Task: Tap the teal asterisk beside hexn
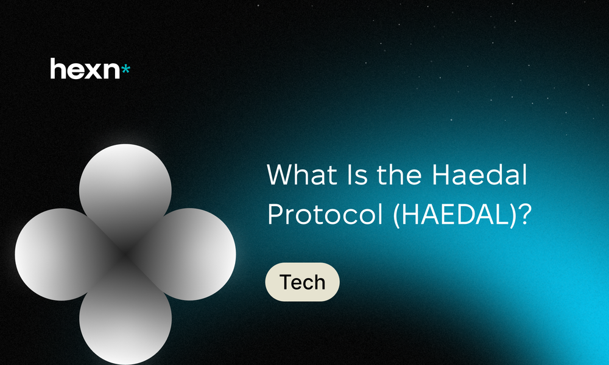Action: click(125, 70)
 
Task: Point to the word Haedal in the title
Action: click(480, 175)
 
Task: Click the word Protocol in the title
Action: click(325, 214)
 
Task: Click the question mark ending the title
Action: click(526, 214)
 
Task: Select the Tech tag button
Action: click(302, 282)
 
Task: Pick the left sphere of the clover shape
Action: click(58, 254)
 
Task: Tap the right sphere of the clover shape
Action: click(192, 254)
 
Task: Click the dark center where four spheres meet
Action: click(125, 254)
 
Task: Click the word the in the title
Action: click(400, 175)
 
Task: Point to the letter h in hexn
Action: click(58, 69)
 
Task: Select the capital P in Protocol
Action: click(275, 215)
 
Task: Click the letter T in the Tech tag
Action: click(286, 282)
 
